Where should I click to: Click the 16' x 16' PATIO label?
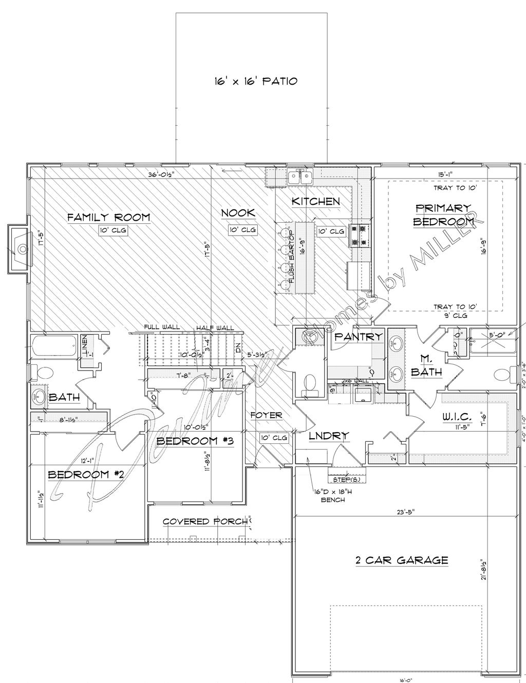coord(255,81)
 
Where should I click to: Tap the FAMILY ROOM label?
coord(109,217)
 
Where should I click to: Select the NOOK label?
coord(238,213)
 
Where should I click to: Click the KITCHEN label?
coord(315,201)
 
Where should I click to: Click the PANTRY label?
coord(358,337)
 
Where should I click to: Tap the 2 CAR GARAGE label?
coord(402,560)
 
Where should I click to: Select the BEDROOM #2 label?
coord(86,475)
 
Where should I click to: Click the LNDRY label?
coord(329,436)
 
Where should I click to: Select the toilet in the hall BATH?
coord(43,373)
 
